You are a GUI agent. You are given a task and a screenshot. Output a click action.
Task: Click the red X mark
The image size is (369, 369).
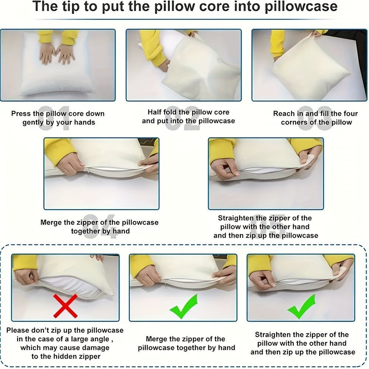click(65, 306)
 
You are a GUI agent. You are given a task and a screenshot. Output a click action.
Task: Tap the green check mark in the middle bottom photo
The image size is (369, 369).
click(183, 306)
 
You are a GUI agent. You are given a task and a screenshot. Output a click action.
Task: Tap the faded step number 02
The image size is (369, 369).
click(183, 118)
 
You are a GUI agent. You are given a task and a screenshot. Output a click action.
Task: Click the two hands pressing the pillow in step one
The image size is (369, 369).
click(57, 54)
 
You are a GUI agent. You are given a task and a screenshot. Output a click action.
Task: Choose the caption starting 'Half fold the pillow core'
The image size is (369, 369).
click(188, 116)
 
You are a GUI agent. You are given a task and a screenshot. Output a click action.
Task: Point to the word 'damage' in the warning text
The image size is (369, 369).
click(97, 348)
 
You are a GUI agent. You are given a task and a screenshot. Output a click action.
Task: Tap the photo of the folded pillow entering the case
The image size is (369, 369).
click(183, 65)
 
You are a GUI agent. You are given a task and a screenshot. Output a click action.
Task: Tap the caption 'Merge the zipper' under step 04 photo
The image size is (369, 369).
click(100, 227)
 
